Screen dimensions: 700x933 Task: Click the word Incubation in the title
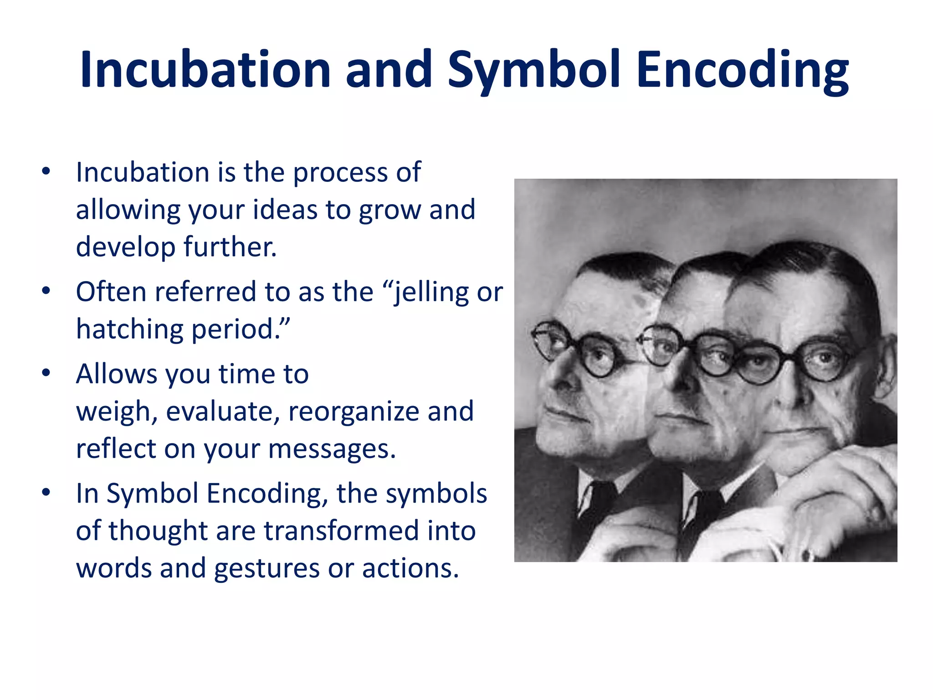coord(205,69)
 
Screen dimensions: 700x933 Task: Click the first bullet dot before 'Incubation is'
coord(46,172)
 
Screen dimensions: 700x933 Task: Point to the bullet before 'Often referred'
coord(46,291)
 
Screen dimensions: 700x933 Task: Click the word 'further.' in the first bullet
coord(230,247)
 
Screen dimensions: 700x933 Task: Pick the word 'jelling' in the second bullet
coord(431,292)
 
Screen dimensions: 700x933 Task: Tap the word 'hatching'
coord(129,329)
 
